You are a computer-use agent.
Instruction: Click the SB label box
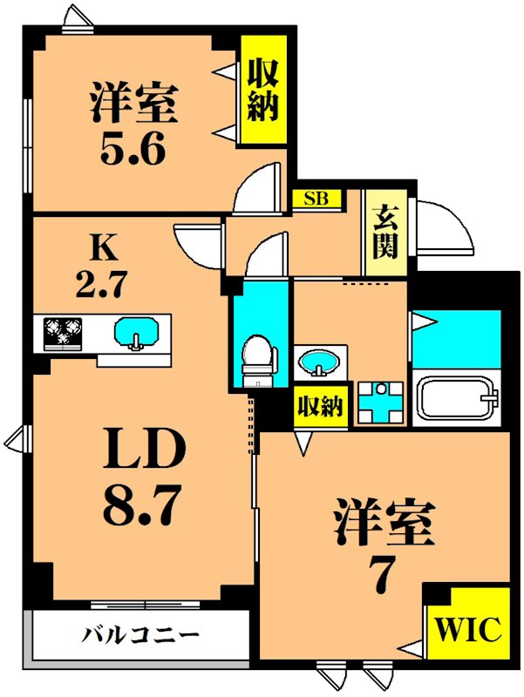point(316,199)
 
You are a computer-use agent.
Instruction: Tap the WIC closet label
point(467,628)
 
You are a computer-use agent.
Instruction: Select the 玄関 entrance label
point(385,232)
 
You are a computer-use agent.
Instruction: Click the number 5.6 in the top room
point(133,148)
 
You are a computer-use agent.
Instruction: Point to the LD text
point(144,448)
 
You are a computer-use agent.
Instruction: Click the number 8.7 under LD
point(142,504)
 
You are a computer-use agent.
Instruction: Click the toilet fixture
point(258,361)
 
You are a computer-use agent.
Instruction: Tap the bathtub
point(457,398)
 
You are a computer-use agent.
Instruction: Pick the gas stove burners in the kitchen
point(62,331)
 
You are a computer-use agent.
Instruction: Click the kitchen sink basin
point(136,333)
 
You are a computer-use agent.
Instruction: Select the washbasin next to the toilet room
point(318,363)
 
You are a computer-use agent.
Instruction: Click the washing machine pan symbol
point(381,403)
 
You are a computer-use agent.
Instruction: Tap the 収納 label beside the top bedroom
point(263,91)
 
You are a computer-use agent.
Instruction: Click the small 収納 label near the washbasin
point(320,406)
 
